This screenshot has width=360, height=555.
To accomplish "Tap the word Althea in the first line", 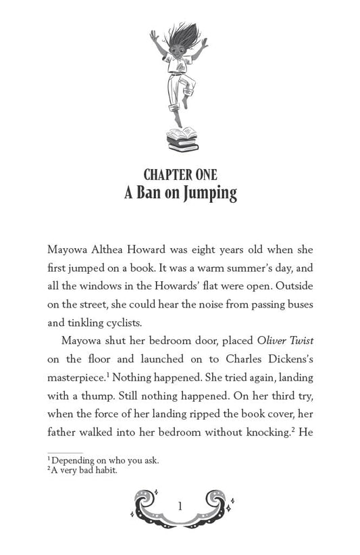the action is [x=118, y=249].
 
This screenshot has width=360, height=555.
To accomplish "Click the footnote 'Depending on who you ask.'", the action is [x=105, y=460].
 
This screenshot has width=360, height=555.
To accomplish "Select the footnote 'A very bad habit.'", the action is [x=84, y=470].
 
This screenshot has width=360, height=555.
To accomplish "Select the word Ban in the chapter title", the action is [x=156, y=194].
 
